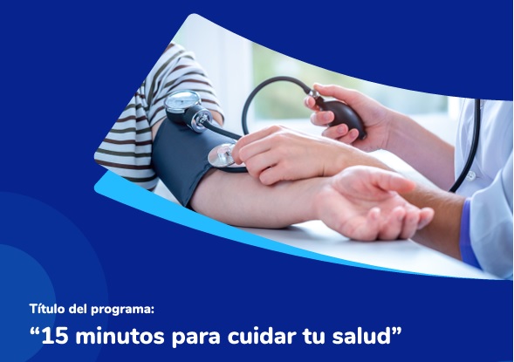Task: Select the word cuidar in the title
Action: coord(261,336)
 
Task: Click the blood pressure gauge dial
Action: coord(182,101)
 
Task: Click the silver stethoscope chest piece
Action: coord(222,155)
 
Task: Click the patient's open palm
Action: coord(374,203)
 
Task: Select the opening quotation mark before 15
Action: coord(34,331)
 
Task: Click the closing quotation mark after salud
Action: coord(397,331)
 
